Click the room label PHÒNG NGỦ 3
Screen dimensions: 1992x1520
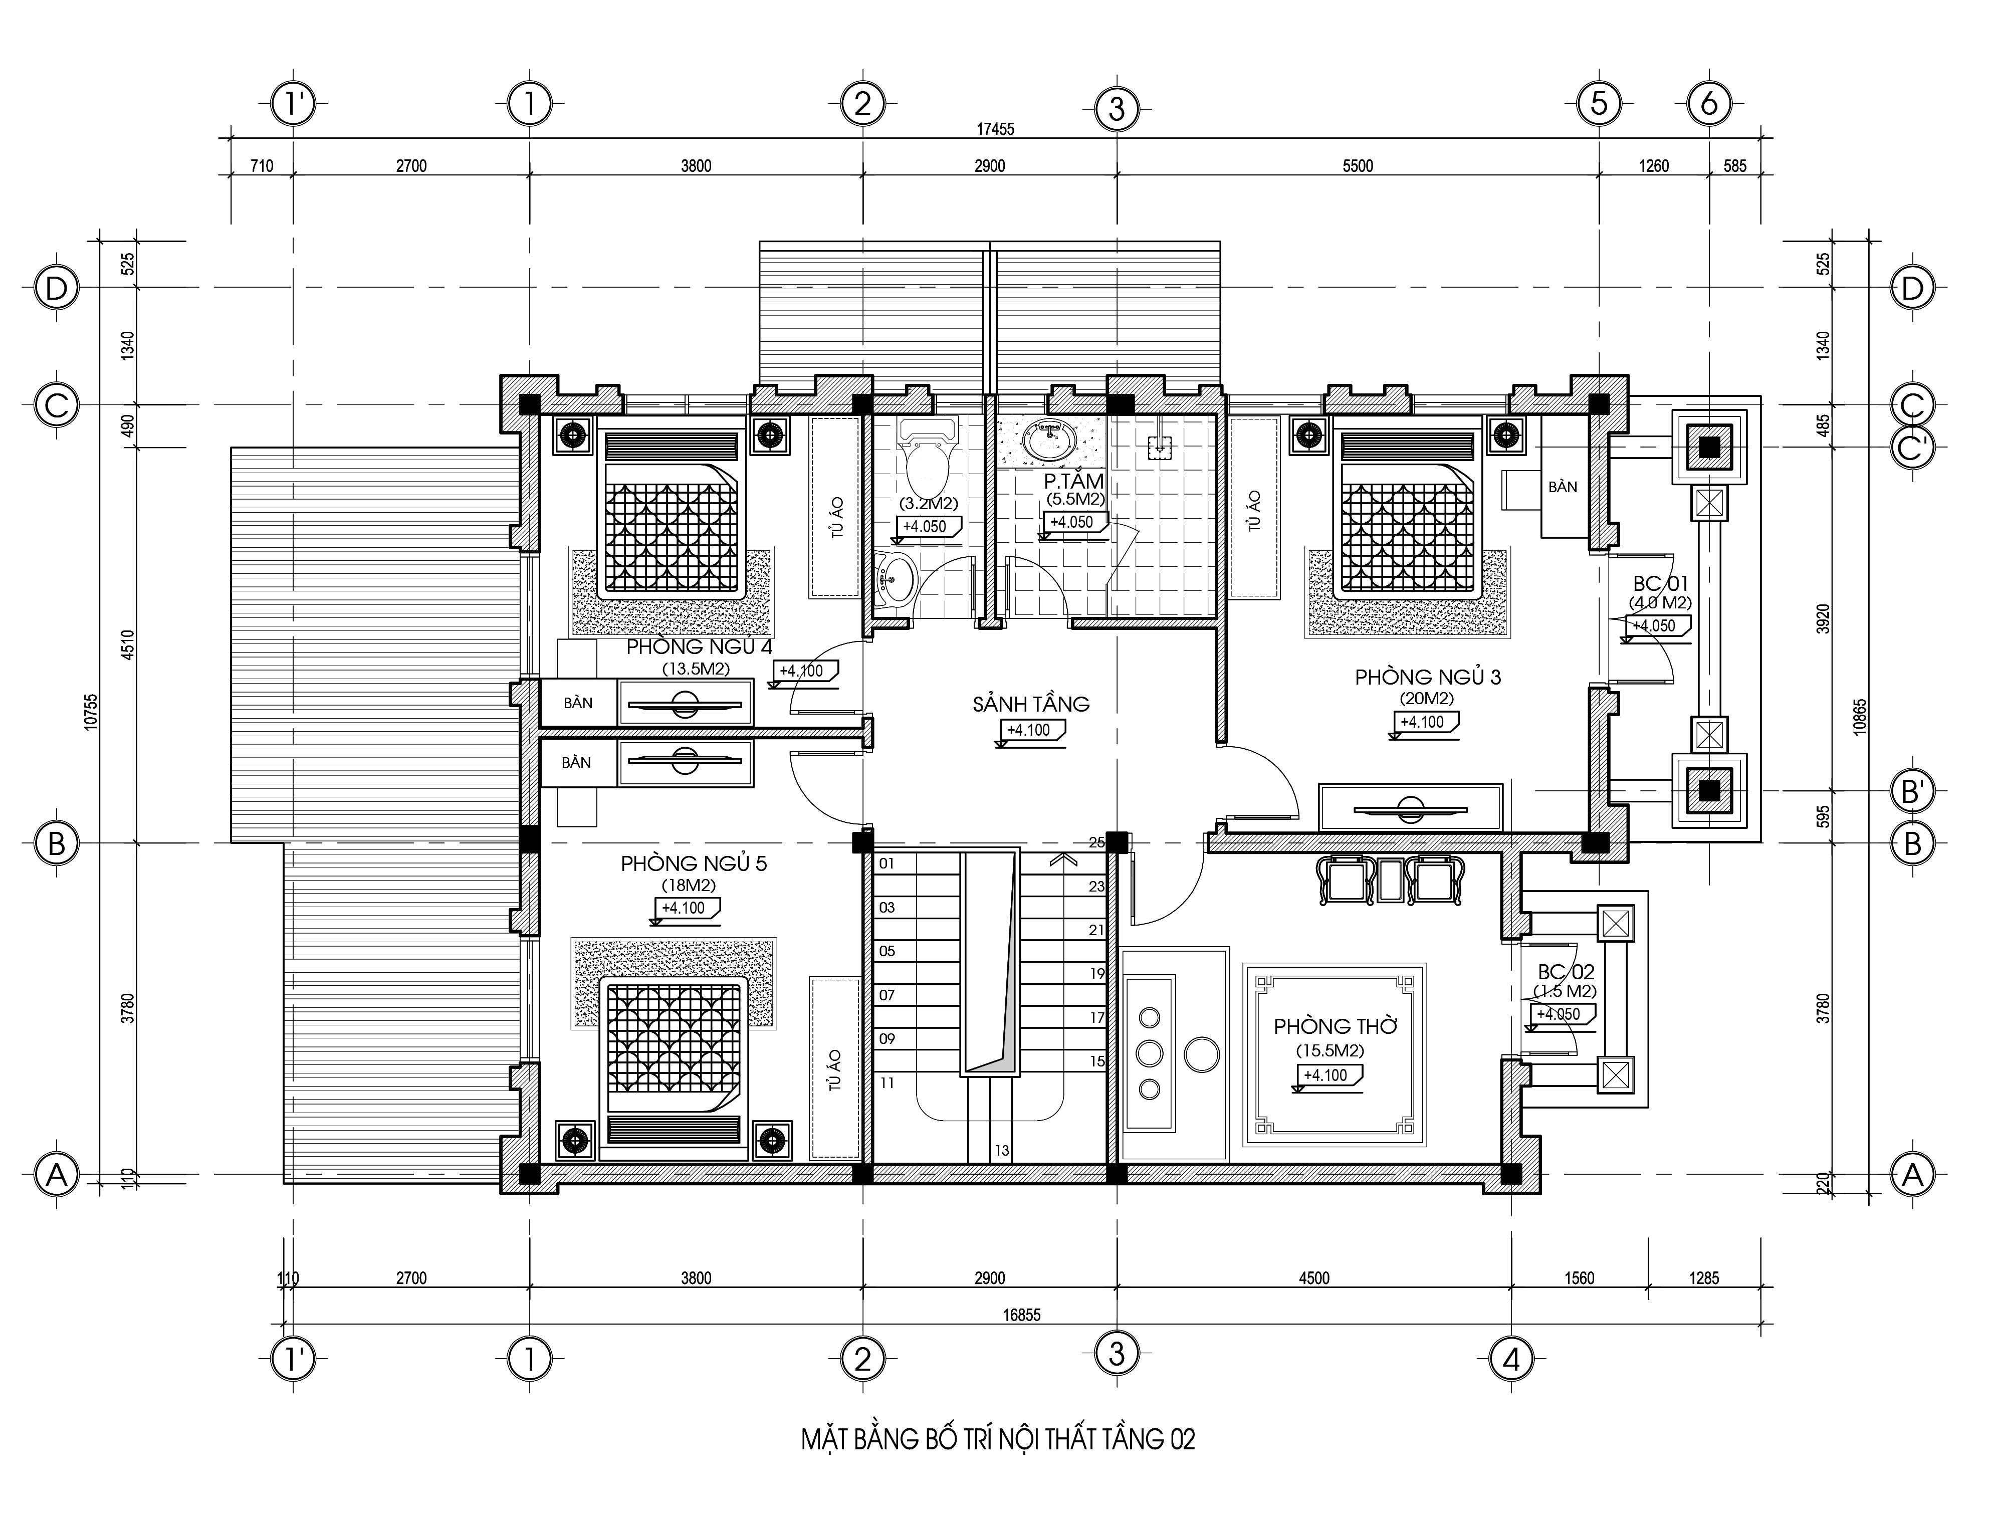click(x=1428, y=677)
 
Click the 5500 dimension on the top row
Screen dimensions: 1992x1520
click(x=1358, y=165)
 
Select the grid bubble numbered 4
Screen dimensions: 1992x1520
click(x=1511, y=1359)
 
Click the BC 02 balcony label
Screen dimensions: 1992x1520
click(x=1566, y=972)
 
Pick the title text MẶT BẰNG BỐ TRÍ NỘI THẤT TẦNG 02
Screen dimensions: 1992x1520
click(x=998, y=1439)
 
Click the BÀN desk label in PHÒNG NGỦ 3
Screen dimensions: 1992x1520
click(x=1563, y=487)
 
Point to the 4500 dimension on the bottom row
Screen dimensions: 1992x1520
click(x=1314, y=1278)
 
